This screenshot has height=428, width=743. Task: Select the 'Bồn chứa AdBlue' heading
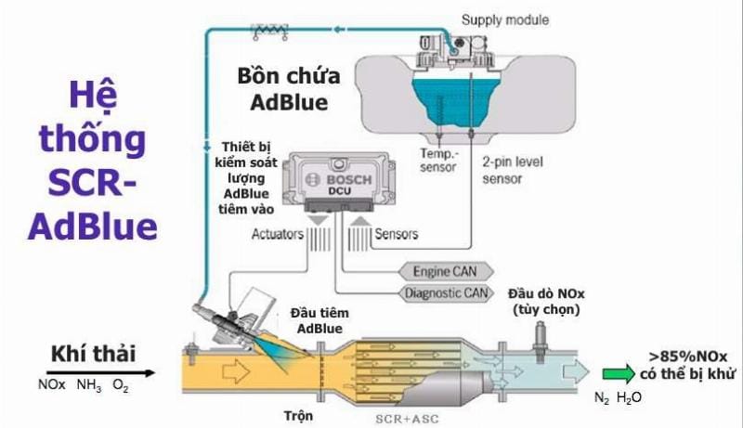[x=289, y=88]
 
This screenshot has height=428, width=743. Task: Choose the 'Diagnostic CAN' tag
[x=446, y=294]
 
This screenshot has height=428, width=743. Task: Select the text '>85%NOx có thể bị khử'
[x=686, y=365]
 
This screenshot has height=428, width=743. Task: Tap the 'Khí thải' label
[x=93, y=354]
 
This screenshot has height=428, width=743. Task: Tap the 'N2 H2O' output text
[x=618, y=396]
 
